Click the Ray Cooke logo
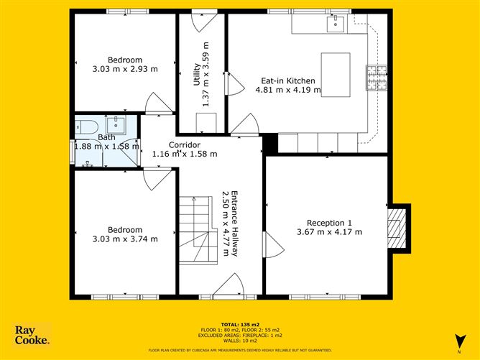[32, 336]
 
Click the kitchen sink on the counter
[336, 24]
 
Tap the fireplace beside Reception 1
[397, 228]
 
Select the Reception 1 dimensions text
[329, 231]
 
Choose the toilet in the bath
[87, 127]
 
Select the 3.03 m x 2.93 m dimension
[125, 69]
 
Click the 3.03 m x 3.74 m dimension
[125, 239]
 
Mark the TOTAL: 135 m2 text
[240, 324]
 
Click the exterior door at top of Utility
[202, 19]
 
